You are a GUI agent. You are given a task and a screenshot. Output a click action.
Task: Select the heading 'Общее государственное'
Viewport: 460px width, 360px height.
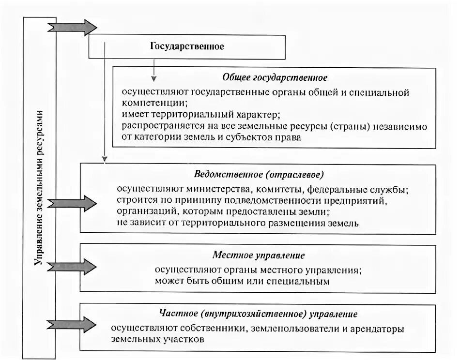275,77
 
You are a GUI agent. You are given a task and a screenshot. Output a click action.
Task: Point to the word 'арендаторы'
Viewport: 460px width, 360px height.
375,329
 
